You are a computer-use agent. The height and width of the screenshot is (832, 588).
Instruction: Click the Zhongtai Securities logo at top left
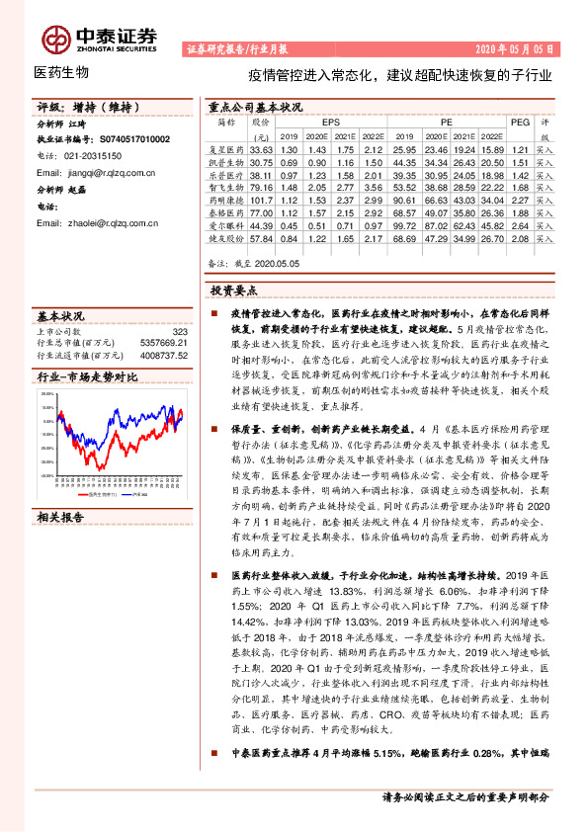(98, 39)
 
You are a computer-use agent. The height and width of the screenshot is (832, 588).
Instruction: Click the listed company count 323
(179, 333)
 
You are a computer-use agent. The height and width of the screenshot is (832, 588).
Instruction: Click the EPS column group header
(330, 122)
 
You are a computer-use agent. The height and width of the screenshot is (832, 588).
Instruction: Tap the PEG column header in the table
(520, 122)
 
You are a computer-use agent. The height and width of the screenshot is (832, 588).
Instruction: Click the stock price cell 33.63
(261, 147)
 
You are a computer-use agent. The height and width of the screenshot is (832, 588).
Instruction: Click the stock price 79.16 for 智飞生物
(261, 186)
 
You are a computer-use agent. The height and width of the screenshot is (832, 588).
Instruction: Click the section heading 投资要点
(233, 291)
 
